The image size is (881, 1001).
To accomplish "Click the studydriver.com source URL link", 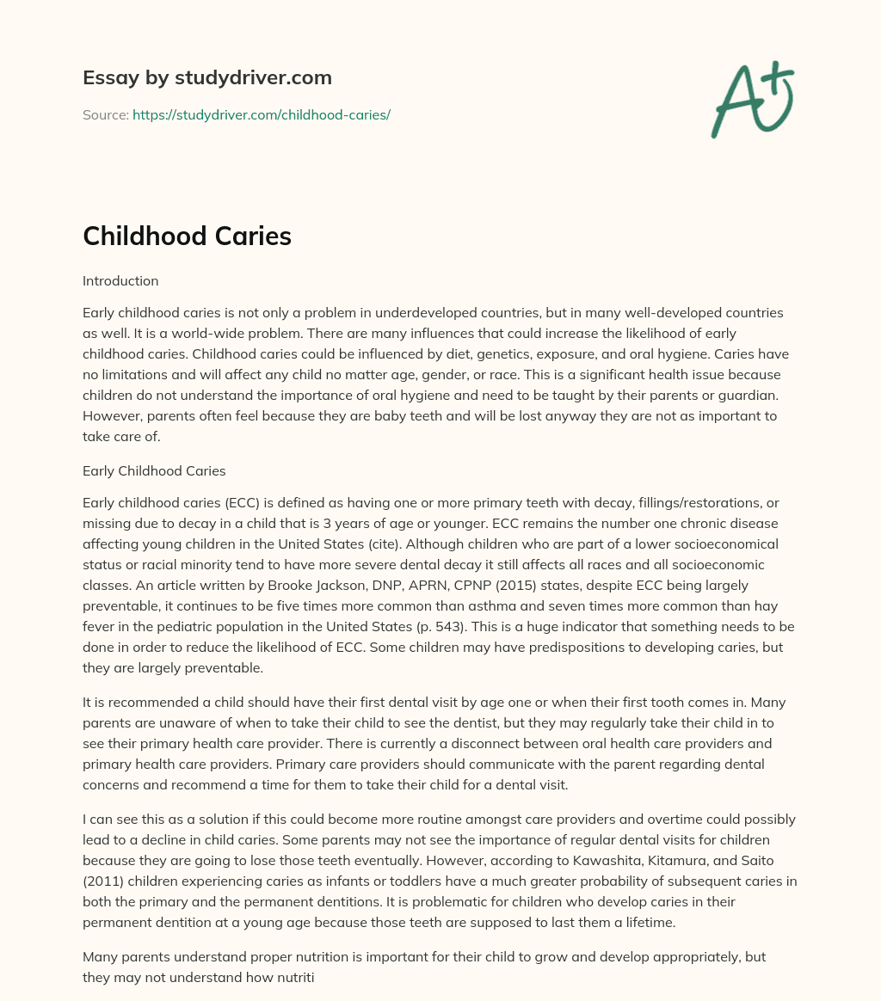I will [262, 114].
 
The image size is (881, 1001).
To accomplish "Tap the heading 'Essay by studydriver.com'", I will [207, 77].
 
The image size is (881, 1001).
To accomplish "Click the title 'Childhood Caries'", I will [187, 236].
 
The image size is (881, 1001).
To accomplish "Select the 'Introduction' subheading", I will [120, 280].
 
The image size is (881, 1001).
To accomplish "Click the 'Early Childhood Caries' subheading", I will [154, 470].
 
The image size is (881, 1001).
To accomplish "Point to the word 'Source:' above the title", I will [105, 114].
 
